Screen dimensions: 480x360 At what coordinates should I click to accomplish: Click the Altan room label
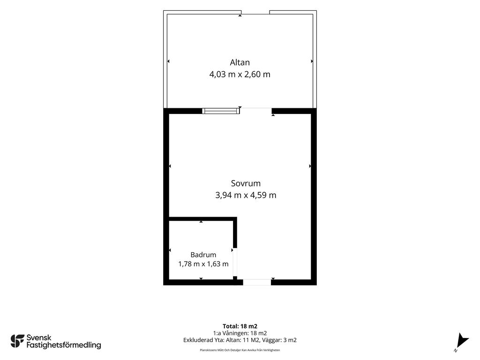[240, 62]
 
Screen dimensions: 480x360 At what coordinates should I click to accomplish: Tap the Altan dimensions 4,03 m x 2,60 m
[240, 75]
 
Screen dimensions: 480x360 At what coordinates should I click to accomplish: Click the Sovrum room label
[246, 183]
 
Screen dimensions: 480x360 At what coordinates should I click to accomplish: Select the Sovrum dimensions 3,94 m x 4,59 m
[246, 195]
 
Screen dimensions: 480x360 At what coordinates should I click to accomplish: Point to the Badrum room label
[203, 255]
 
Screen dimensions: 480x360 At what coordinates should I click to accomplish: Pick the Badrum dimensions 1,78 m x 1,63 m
[203, 264]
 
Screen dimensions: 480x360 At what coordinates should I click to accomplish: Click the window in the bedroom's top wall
[221, 111]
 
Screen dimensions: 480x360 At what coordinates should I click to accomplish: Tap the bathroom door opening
[235, 262]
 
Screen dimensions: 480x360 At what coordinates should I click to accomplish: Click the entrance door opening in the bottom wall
[257, 282]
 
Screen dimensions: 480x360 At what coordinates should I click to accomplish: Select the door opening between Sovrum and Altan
[255, 111]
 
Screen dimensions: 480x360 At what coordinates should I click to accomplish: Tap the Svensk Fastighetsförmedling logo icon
[17, 341]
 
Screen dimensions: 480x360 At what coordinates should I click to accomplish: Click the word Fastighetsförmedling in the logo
[64, 345]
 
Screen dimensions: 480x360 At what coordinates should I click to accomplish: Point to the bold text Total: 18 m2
[240, 326]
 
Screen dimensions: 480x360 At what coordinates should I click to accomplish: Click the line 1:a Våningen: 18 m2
[240, 333]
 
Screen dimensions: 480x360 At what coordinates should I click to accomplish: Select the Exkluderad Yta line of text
[240, 340]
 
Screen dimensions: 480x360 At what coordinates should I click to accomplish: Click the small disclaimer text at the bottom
[240, 350]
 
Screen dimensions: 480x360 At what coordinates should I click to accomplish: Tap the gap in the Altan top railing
[255, 12]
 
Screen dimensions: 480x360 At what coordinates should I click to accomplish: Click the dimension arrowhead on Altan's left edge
[168, 61]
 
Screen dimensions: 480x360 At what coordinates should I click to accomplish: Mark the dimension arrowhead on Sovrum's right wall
[310, 166]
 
